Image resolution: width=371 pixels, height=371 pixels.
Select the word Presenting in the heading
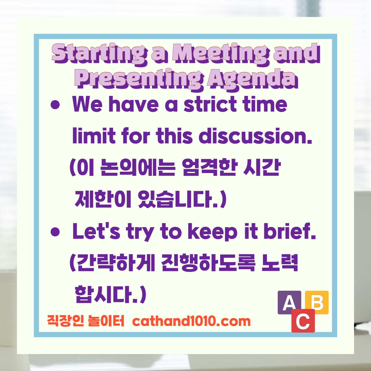[x=139, y=78]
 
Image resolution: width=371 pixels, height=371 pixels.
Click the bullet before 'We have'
[x=55, y=105]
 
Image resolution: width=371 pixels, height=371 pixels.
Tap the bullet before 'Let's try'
[x=55, y=232]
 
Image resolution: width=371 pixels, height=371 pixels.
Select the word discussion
[x=255, y=136]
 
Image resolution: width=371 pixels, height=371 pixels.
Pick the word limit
[x=94, y=136]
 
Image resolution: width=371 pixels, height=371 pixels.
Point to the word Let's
[x=96, y=231]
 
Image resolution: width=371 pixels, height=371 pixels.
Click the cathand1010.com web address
[x=191, y=321]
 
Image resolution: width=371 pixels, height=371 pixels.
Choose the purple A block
[x=289, y=302]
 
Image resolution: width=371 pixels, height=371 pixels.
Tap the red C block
[x=303, y=321]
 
